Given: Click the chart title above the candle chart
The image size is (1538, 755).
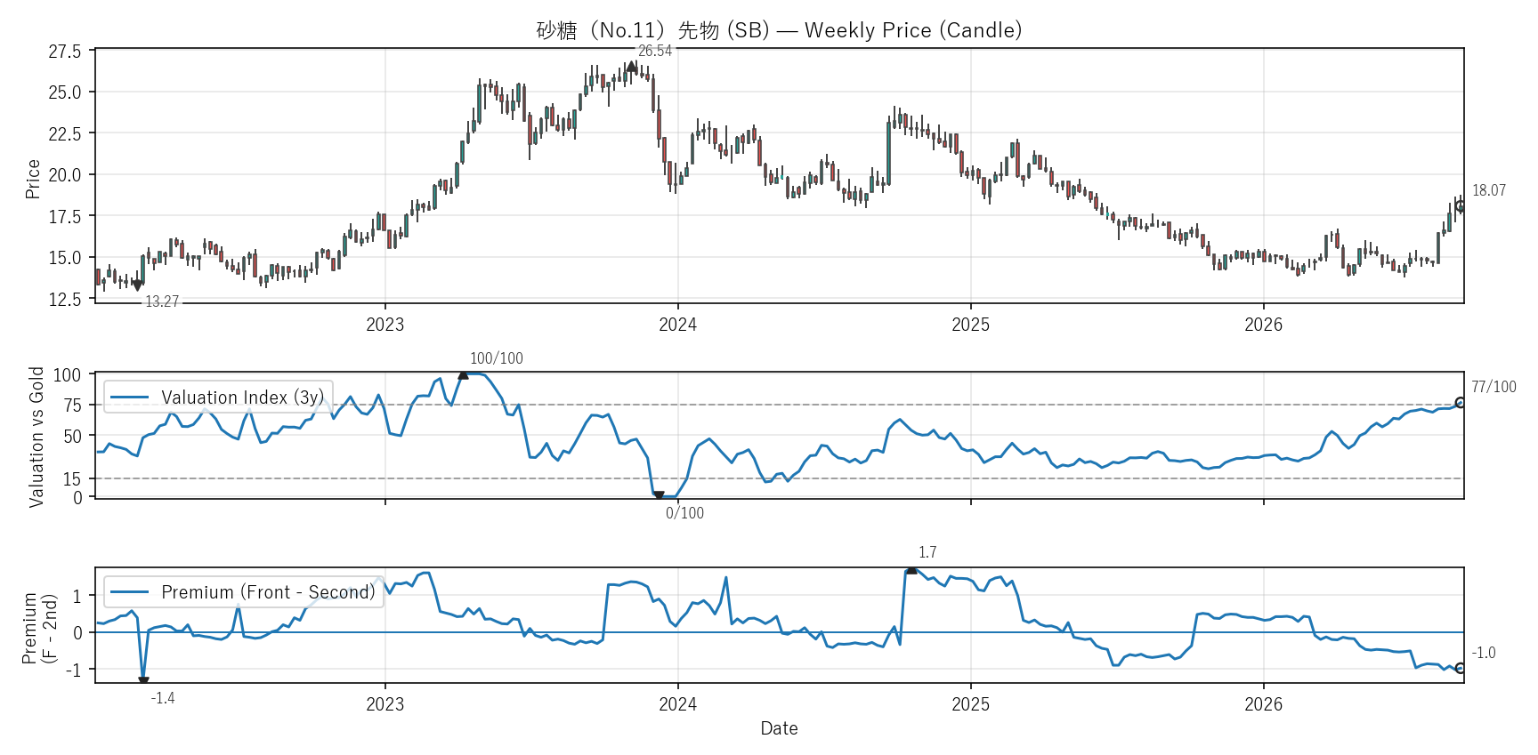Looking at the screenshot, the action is [779, 30].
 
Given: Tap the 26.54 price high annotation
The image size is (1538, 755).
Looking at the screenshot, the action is [655, 51].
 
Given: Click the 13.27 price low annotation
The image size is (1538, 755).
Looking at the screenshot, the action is [162, 301].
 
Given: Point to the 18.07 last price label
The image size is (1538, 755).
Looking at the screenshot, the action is [1489, 190].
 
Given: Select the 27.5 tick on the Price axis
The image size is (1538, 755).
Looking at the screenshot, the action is [65, 52].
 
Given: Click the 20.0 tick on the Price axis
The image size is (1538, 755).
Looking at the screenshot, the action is [65, 175].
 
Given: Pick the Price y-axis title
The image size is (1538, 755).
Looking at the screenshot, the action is [33, 179].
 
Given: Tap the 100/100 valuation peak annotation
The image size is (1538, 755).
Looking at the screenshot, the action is [497, 358].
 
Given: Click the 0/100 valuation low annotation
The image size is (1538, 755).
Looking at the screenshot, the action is [684, 513].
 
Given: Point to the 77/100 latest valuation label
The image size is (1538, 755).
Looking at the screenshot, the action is [1493, 387].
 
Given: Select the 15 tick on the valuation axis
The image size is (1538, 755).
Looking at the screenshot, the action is [72, 479].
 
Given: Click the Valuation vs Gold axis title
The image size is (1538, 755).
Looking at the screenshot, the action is [36, 437].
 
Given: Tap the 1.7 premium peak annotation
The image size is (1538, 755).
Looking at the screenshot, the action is [927, 552].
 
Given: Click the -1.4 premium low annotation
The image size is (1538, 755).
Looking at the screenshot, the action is [163, 698].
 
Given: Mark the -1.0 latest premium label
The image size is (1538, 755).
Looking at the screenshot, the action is [1484, 653].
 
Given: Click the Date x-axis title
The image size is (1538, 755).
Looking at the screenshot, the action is [779, 728].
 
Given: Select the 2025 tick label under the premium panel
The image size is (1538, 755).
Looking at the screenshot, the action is [970, 704].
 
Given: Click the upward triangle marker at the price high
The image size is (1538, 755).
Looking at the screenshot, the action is [631, 67].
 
